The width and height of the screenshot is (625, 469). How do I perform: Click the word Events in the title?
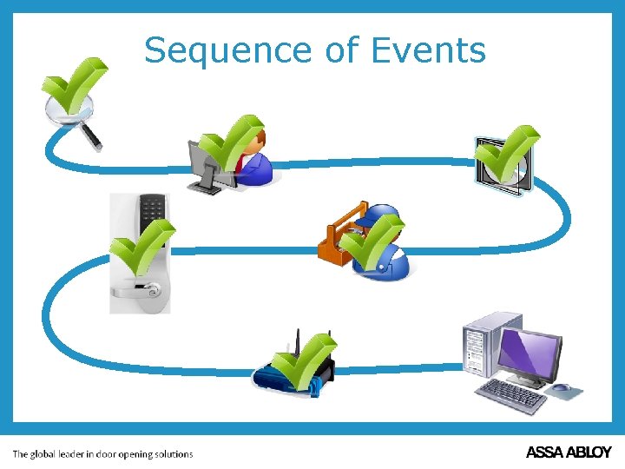click(x=428, y=50)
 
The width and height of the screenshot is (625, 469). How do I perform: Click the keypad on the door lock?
click(x=152, y=209)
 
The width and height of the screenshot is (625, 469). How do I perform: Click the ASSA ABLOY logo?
click(x=569, y=452)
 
